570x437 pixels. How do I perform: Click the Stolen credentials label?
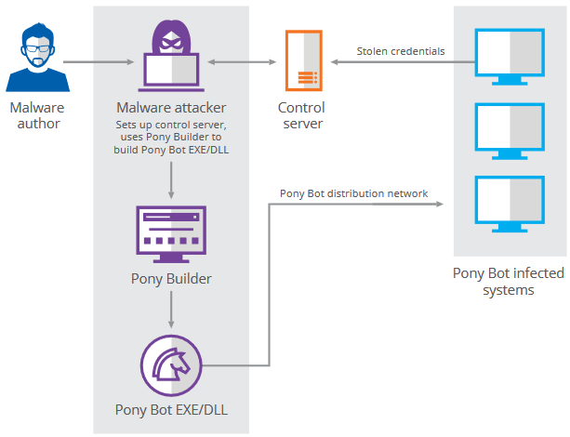click(x=401, y=51)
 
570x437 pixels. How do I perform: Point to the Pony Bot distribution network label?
click(x=354, y=193)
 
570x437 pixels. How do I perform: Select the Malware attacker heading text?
click(x=171, y=109)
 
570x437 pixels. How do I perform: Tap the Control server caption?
click(x=301, y=115)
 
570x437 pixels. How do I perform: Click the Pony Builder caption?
click(x=171, y=278)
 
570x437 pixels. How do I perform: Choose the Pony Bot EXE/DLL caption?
click(x=171, y=408)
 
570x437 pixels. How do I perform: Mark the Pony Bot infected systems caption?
click(x=508, y=282)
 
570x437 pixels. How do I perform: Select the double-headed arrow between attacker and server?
click(x=243, y=62)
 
